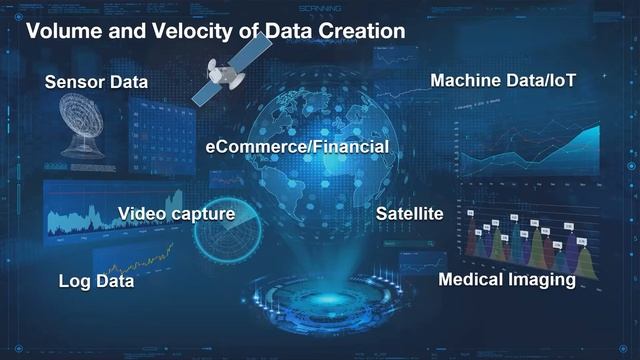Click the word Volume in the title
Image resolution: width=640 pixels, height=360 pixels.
(59, 31)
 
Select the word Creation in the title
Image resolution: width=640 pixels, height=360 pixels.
(355, 31)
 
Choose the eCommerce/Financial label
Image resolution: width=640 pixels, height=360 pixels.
(297, 147)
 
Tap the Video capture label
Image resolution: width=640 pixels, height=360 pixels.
(176, 213)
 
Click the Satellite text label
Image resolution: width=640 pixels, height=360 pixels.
(409, 214)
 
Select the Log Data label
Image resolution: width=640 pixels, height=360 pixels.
(96, 282)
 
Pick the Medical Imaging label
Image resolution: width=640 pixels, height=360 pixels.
(507, 279)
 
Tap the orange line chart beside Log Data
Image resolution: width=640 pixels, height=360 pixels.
(140, 264)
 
